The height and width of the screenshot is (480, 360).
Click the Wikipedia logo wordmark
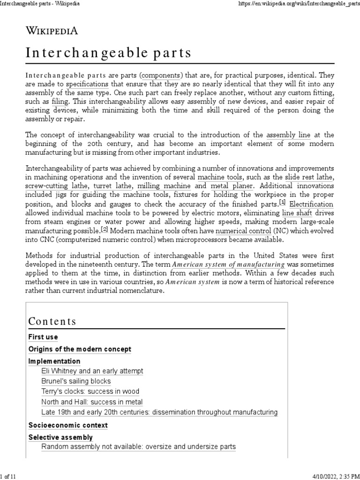52,31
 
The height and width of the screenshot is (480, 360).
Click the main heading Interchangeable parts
109,53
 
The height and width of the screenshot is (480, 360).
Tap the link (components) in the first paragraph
161,75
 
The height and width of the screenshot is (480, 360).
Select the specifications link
87,84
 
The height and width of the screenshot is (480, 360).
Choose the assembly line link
288,135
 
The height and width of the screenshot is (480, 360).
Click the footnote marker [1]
282,202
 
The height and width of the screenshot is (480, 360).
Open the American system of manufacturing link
228,265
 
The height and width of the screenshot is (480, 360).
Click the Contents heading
52,321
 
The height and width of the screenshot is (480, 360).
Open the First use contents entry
43,337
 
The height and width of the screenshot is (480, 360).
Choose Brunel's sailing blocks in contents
76,381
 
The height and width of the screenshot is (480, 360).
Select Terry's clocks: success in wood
90,391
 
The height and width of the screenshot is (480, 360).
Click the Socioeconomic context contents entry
68,425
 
